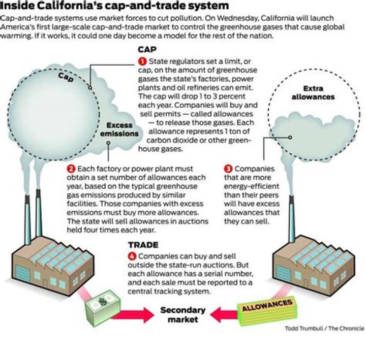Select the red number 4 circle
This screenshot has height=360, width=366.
[133, 257]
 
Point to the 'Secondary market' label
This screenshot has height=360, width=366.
[183, 315]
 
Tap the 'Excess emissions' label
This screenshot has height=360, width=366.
[123, 129]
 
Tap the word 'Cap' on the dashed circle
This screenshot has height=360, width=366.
[66, 77]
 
